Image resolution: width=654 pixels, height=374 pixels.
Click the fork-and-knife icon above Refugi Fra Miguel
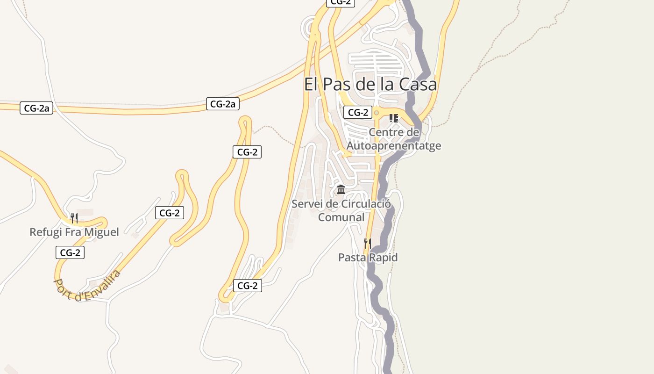[x=74, y=218]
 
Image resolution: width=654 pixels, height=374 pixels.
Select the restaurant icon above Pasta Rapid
[x=368, y=244]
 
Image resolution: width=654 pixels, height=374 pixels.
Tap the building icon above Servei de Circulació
[x=341, y=190]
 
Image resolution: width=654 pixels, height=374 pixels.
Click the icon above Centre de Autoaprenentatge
[x=394, y=118]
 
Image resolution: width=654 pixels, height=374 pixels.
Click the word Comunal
[x=341, y=217]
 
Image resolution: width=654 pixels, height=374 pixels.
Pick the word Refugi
[x=44, y=232]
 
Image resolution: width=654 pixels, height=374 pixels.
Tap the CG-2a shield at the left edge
[x=36, y=108]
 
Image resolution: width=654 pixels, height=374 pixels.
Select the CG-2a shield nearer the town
[x=223, y=104]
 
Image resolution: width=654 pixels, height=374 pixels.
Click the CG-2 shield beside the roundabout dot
[x=358, y=112]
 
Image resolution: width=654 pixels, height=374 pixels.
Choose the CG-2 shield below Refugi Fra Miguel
[x=70, y=252]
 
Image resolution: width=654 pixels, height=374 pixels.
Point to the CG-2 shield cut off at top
[x=341, y=2]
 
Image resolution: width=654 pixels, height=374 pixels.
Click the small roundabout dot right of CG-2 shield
[x=377, y=113]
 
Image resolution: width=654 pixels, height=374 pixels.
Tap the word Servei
[x=307, y=204]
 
